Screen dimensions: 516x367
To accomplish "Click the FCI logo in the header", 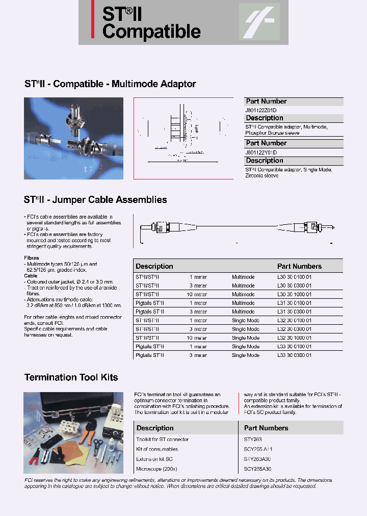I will (x=259, y=22).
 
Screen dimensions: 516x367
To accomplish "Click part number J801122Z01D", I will (x=261, y=110).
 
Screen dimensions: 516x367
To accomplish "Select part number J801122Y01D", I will (x=261, y=152).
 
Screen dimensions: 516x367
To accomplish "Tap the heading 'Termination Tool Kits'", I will (x=71, y=377).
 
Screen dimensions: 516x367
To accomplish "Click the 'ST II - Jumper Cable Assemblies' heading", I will (x=95, y=200).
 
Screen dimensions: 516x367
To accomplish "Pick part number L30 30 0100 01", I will (x=294, y=277).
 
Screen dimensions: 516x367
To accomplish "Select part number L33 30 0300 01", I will (x=294, y=355).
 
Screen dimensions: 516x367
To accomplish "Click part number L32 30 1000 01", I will (x=294, y=338).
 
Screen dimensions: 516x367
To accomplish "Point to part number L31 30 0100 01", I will (x=294, y=303).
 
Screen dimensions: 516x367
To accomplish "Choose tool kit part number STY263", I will (x=253, y=439).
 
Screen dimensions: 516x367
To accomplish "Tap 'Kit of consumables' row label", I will (x=157, y=449).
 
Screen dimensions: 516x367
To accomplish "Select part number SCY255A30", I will (x=257, y=469).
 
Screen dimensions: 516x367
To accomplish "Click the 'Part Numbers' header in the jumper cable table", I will (x=299, y=266).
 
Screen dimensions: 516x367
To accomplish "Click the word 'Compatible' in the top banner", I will (x=151, y=32).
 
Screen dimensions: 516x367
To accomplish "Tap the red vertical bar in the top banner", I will (x=93, y=19).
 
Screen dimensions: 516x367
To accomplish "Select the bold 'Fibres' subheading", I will (x=32, y=258).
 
